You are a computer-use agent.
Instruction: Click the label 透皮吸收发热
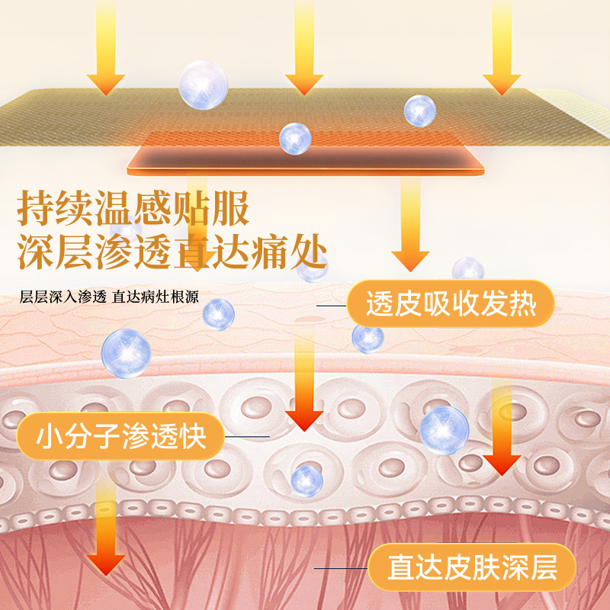[451, 307]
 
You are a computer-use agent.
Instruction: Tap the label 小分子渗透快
[121, 439]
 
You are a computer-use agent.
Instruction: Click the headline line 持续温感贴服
[133, 208]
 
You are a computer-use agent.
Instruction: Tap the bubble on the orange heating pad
[294, 138]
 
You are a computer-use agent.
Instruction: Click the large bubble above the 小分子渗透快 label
[126, 353]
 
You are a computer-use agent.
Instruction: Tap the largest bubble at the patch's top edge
[204, 85]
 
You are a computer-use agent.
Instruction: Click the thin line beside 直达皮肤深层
[340, 568]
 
